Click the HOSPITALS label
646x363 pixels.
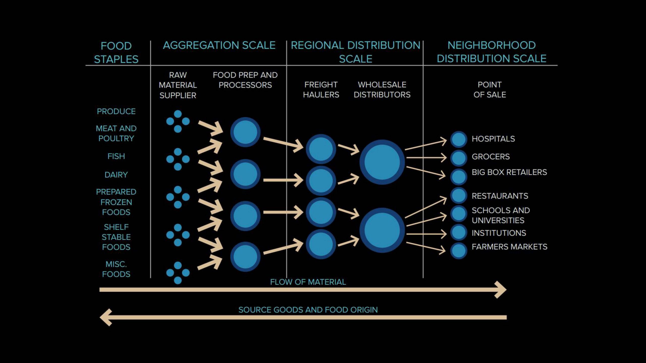pos(493,139)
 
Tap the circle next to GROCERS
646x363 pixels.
pos(459,158)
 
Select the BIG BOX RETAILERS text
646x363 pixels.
pos(509,172)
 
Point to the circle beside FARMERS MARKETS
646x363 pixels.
pos(459,251)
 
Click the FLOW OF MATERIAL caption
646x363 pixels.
pos(308,282)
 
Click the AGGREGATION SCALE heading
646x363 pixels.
pos(219,45)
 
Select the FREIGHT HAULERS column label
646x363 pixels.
pos(321,89)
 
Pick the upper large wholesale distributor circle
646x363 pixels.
pos(382,162)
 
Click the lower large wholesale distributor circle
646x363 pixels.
pos(382,230)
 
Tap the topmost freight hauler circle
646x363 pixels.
pos(321,149)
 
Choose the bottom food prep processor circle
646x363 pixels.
pos(245,257)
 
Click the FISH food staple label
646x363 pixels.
pos(116,156)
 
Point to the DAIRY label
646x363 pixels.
pos(116,175)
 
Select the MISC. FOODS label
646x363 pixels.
pos(116,269)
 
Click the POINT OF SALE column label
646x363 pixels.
pos(490,89)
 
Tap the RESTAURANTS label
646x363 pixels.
pos(500,196)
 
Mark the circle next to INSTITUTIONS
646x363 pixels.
pos(459,232)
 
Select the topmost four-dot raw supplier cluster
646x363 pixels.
pos(178,122)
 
